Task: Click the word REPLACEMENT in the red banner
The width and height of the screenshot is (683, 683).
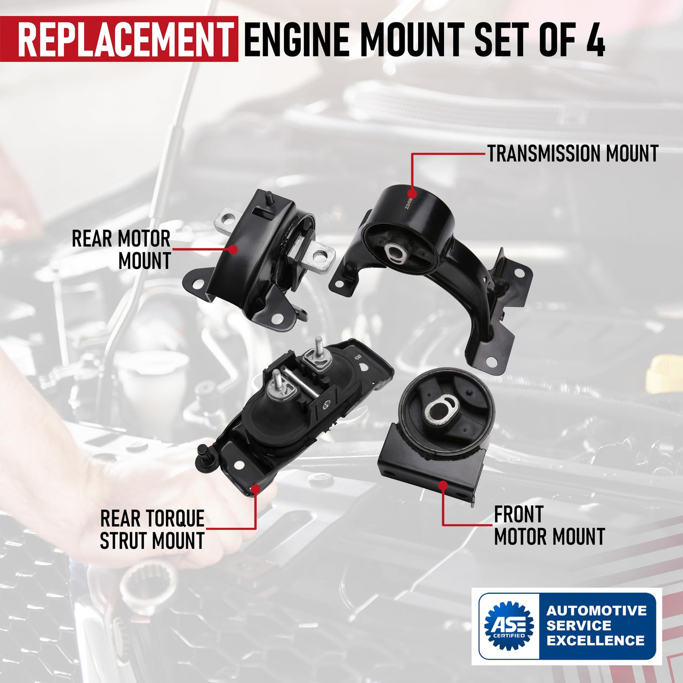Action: [124, 39]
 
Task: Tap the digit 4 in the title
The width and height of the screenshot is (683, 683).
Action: [594, 39]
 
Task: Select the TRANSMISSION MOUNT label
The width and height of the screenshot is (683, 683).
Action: [573, 154]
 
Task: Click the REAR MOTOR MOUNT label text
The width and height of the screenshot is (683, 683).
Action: [121, 249]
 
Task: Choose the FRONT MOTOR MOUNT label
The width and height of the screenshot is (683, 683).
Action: [549, 525]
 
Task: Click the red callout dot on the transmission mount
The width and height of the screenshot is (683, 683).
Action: [411, 194]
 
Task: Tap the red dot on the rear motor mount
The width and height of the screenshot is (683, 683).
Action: [233, 249]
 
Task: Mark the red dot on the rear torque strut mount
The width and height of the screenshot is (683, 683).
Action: [256, 489]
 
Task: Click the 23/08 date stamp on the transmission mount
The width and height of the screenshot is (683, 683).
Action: [409, 203]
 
